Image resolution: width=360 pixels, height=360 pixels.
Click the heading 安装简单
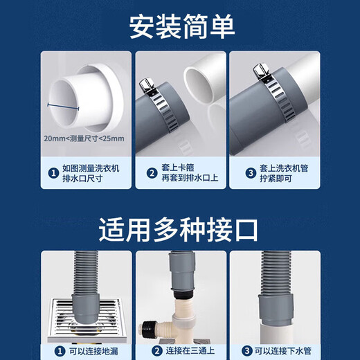pyautogui.click(x=181, y=26)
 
